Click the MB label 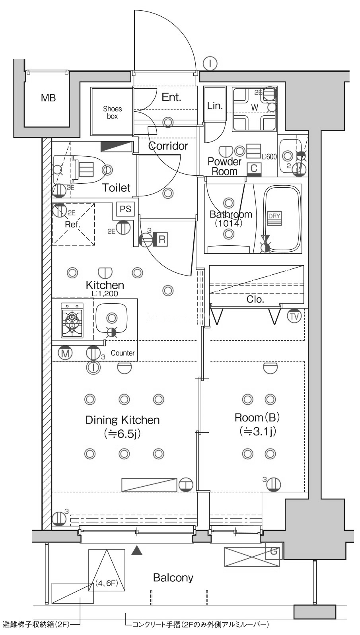[48, 98]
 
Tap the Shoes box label [112, 113]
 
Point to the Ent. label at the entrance [171, 97]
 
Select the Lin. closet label [214, 106]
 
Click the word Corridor [168, 146]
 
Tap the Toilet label [116, 187]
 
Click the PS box [125, 209]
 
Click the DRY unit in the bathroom [274, 218]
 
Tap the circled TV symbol [294, 316]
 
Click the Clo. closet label [255, 299]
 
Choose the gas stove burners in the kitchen [72, 320]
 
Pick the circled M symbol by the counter [65, 353]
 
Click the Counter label [123, 353]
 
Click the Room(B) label [257, 417]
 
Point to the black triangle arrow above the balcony [137, 551]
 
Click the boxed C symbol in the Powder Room [254, 169]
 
